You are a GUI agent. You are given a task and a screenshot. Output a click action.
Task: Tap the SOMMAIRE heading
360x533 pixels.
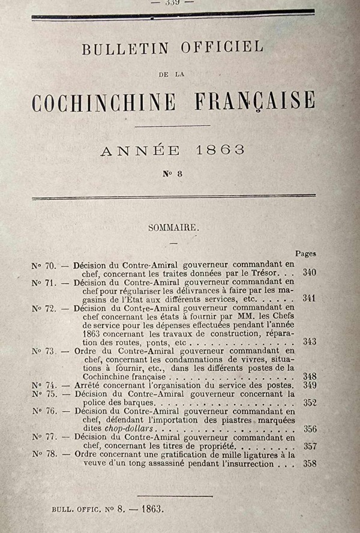coord(173,227)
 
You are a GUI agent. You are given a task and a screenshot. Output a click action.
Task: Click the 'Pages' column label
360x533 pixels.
coord(305,254)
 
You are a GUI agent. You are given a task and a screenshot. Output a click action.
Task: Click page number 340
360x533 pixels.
coord(310,273)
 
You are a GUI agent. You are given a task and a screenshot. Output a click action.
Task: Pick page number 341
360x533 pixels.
coord(310,298)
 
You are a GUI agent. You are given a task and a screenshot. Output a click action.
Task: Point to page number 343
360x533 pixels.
coord(310,342)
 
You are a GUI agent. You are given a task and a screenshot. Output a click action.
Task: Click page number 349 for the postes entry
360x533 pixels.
coord(310,385)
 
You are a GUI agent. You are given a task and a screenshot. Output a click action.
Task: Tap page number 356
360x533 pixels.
coord(310,429)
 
